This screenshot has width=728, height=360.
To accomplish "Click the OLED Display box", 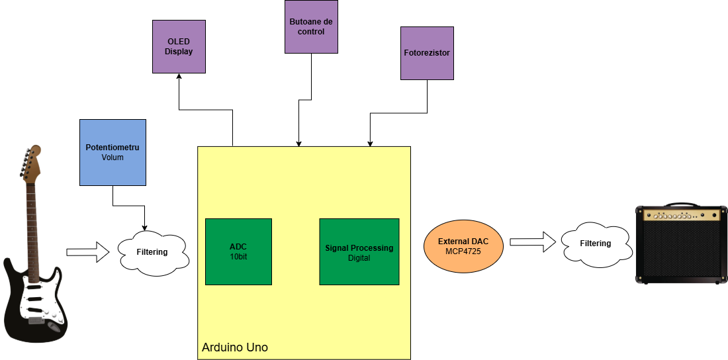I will click(179, 46).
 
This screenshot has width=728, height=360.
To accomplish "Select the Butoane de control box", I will click(311, 27).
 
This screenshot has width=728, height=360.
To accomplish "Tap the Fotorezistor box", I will click(427, 53).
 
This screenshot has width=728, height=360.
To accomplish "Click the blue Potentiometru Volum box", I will click(113, 152).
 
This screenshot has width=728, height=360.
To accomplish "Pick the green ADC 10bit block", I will click(238, 251).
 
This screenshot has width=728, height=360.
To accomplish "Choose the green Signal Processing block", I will click(359, 251).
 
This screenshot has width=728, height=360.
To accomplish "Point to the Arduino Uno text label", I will click(234, 347).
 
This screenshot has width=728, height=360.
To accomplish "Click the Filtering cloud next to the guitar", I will click(152, 251).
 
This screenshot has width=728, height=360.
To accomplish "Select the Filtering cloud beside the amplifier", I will click(595, 243).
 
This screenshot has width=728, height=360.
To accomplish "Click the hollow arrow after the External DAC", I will click(531, 242).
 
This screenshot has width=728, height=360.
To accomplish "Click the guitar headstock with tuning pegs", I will click(30, 163).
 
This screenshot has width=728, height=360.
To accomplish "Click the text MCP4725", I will click(463, 252).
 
